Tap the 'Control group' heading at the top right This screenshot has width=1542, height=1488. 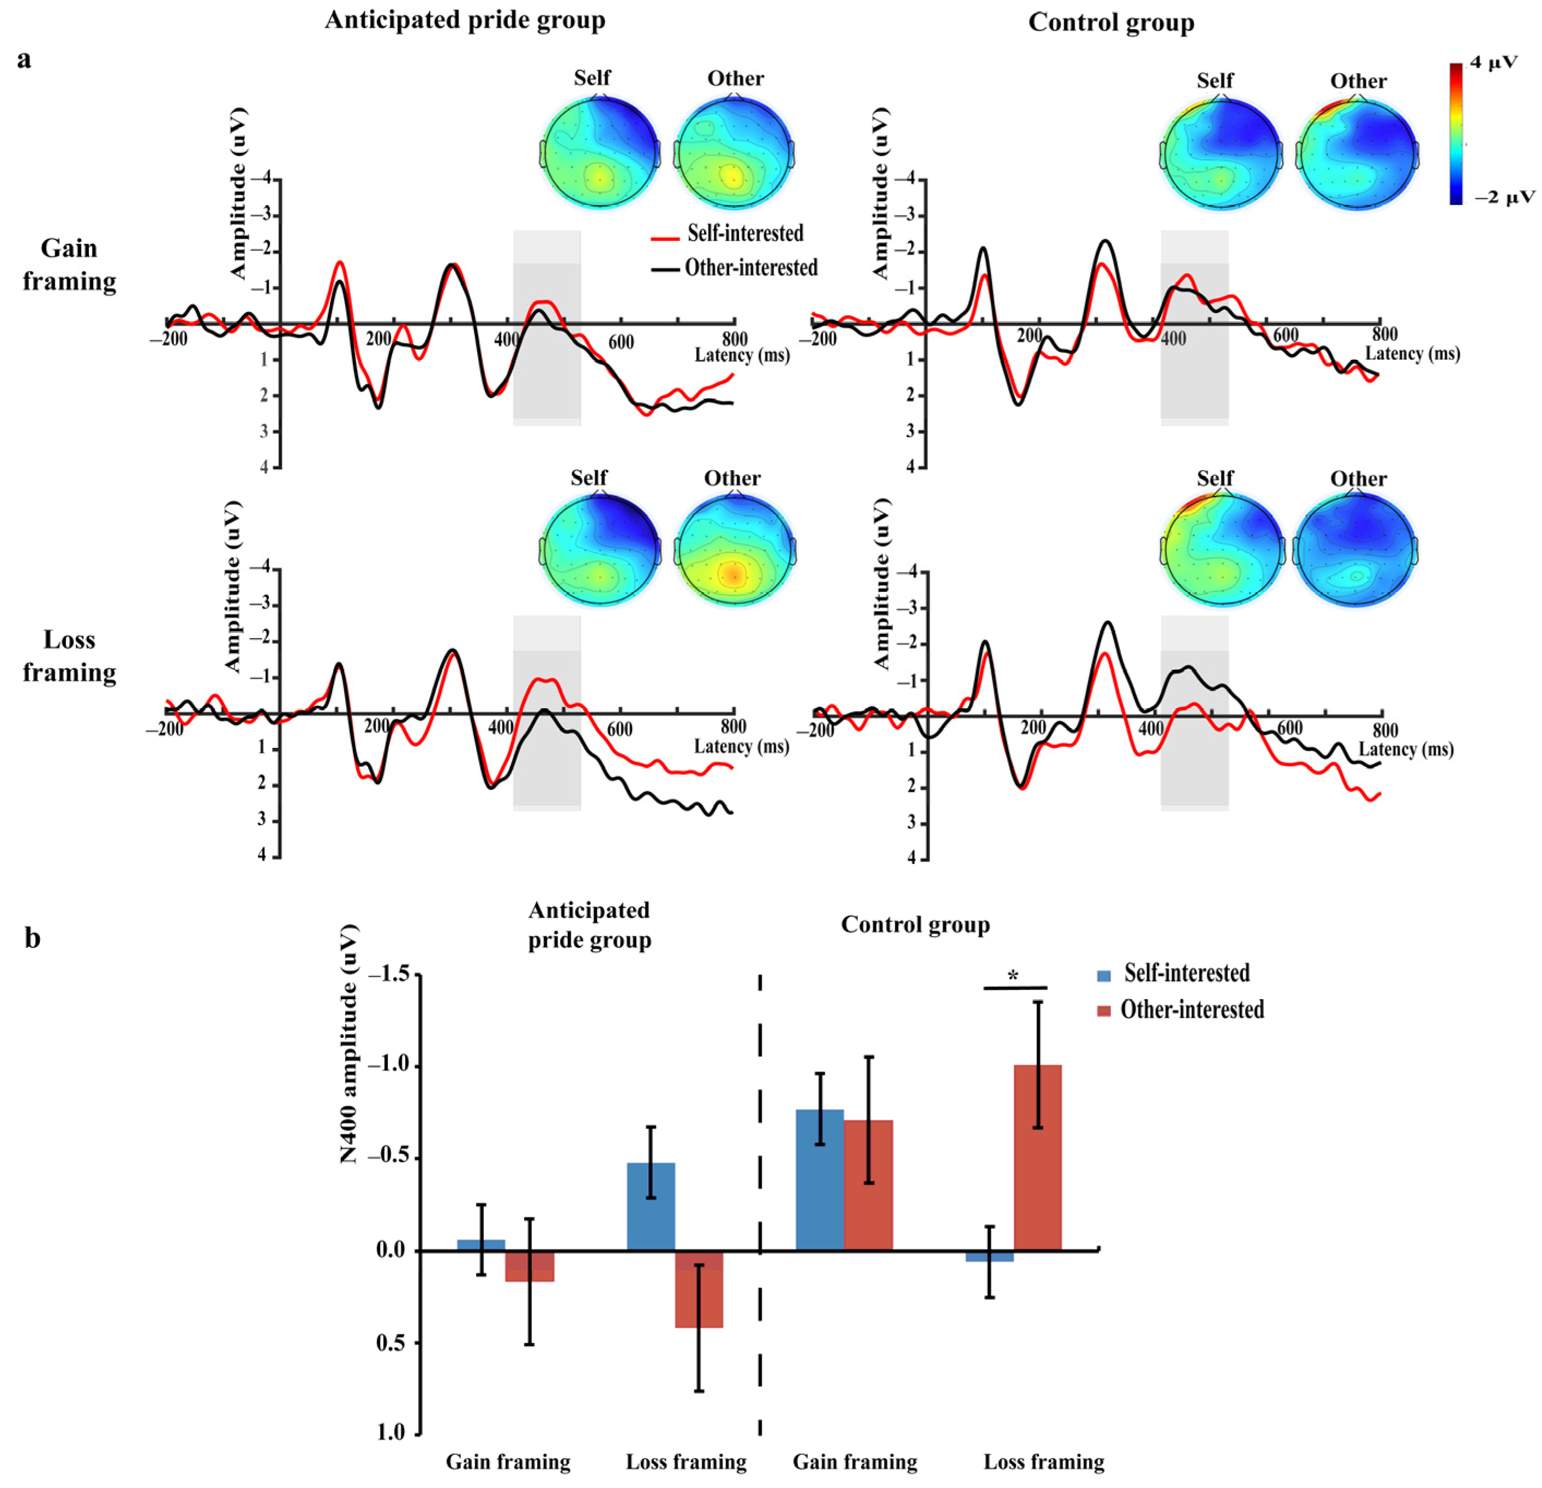(x=1111, y=22)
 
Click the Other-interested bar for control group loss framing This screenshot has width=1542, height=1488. (x=1038, y=1157)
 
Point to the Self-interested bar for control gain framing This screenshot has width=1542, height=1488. (x=820, y=1179)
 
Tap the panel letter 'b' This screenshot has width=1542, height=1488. (x=32, y=938)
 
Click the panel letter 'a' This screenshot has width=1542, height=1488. (x=25, y=60)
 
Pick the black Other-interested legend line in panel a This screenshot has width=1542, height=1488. (x=665, y=269)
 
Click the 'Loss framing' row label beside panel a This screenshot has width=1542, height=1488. (x=69, y=656)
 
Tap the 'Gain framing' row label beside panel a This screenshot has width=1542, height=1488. (x=69, y=265)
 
